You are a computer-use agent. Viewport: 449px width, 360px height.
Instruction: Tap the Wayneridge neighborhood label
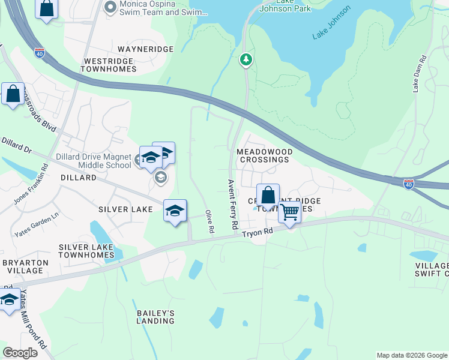[145, 49]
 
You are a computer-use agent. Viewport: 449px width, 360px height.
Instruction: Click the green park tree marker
[246, 59]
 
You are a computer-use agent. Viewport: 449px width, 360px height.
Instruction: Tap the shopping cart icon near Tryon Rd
[289, 212]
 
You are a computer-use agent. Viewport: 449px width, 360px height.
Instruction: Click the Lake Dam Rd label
[419, 74]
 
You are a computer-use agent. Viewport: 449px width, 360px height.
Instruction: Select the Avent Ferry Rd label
[232, 204]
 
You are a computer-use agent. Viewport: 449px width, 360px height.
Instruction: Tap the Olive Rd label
[209, 221]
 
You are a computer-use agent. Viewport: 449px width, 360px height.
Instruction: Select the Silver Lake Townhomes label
[86, 251]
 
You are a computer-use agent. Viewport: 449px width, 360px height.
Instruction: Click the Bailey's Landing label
[155, 317]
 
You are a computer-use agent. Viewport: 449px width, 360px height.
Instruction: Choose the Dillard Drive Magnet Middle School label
[93, 161]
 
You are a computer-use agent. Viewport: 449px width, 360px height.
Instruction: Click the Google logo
[20, 353]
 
